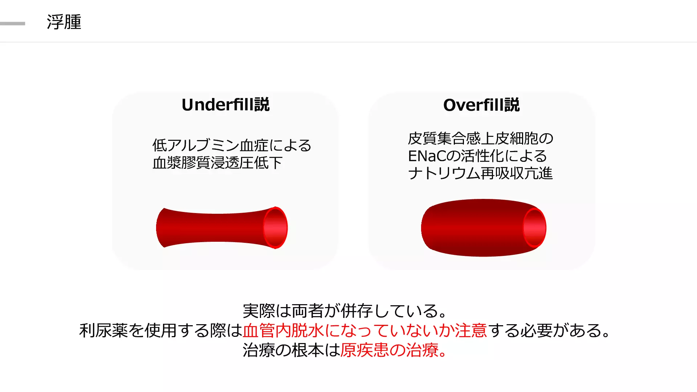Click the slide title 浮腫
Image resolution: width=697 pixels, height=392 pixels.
(64, 22)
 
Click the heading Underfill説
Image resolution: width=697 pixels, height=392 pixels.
(225, 105)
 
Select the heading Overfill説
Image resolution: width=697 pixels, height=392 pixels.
(481, 105)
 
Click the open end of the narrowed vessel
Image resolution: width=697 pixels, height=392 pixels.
(276, 228)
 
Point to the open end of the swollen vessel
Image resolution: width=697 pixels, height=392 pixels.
(535, 228)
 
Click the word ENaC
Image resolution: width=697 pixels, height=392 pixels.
(427, 156)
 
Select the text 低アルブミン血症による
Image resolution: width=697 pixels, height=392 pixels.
(232, 145)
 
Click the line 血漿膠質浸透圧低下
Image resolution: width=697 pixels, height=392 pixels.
(217, 163)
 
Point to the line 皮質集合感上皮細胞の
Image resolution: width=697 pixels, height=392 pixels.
(481, 138)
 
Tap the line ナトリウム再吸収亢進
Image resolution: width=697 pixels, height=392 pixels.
(480, 173)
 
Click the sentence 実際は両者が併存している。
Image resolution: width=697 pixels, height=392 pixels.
(345, 311)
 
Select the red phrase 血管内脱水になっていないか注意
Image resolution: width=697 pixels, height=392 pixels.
(365, 331)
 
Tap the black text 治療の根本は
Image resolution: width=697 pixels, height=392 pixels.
(291, 350)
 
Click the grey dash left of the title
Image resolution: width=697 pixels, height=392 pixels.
(13, 24)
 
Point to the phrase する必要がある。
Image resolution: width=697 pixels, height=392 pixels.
(550, 331)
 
